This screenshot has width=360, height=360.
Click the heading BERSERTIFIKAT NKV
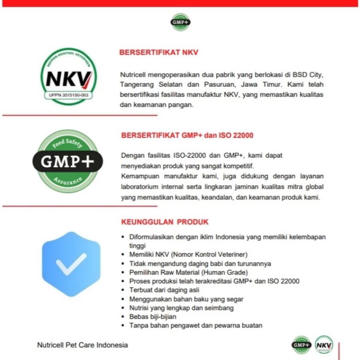click(x=159, y=52)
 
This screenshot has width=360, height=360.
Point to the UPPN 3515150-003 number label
click(x=70, y=95)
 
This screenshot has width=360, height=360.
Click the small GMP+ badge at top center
click(x=180, y=22)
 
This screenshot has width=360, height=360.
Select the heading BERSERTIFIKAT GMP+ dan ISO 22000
click(x=187, y=135)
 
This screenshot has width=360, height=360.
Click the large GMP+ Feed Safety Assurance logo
click(x=68, y=161)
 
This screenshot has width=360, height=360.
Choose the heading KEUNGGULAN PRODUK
click(x=164, y=222)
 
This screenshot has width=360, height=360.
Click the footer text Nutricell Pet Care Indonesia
click(x=82, y=344)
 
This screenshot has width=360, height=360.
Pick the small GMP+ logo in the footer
click(x=302, y=344)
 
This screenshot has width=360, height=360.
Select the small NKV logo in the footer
click(x=324, y=345)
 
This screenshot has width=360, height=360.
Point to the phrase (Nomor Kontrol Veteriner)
click(x=210, y=254)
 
